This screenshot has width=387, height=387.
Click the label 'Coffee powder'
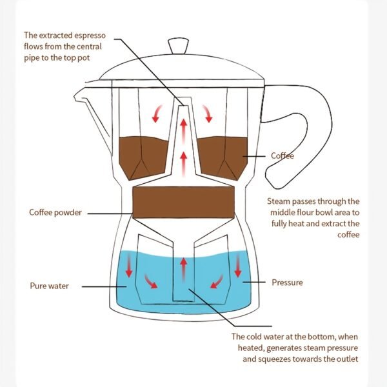click(x=55, y=213)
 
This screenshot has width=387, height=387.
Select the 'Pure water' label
click(x=49, y=285)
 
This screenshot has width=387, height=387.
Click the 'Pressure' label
click(x=287, y=283)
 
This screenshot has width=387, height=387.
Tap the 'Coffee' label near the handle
click(x=282, y=156)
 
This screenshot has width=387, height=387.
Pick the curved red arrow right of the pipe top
click(x=208, y=114)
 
